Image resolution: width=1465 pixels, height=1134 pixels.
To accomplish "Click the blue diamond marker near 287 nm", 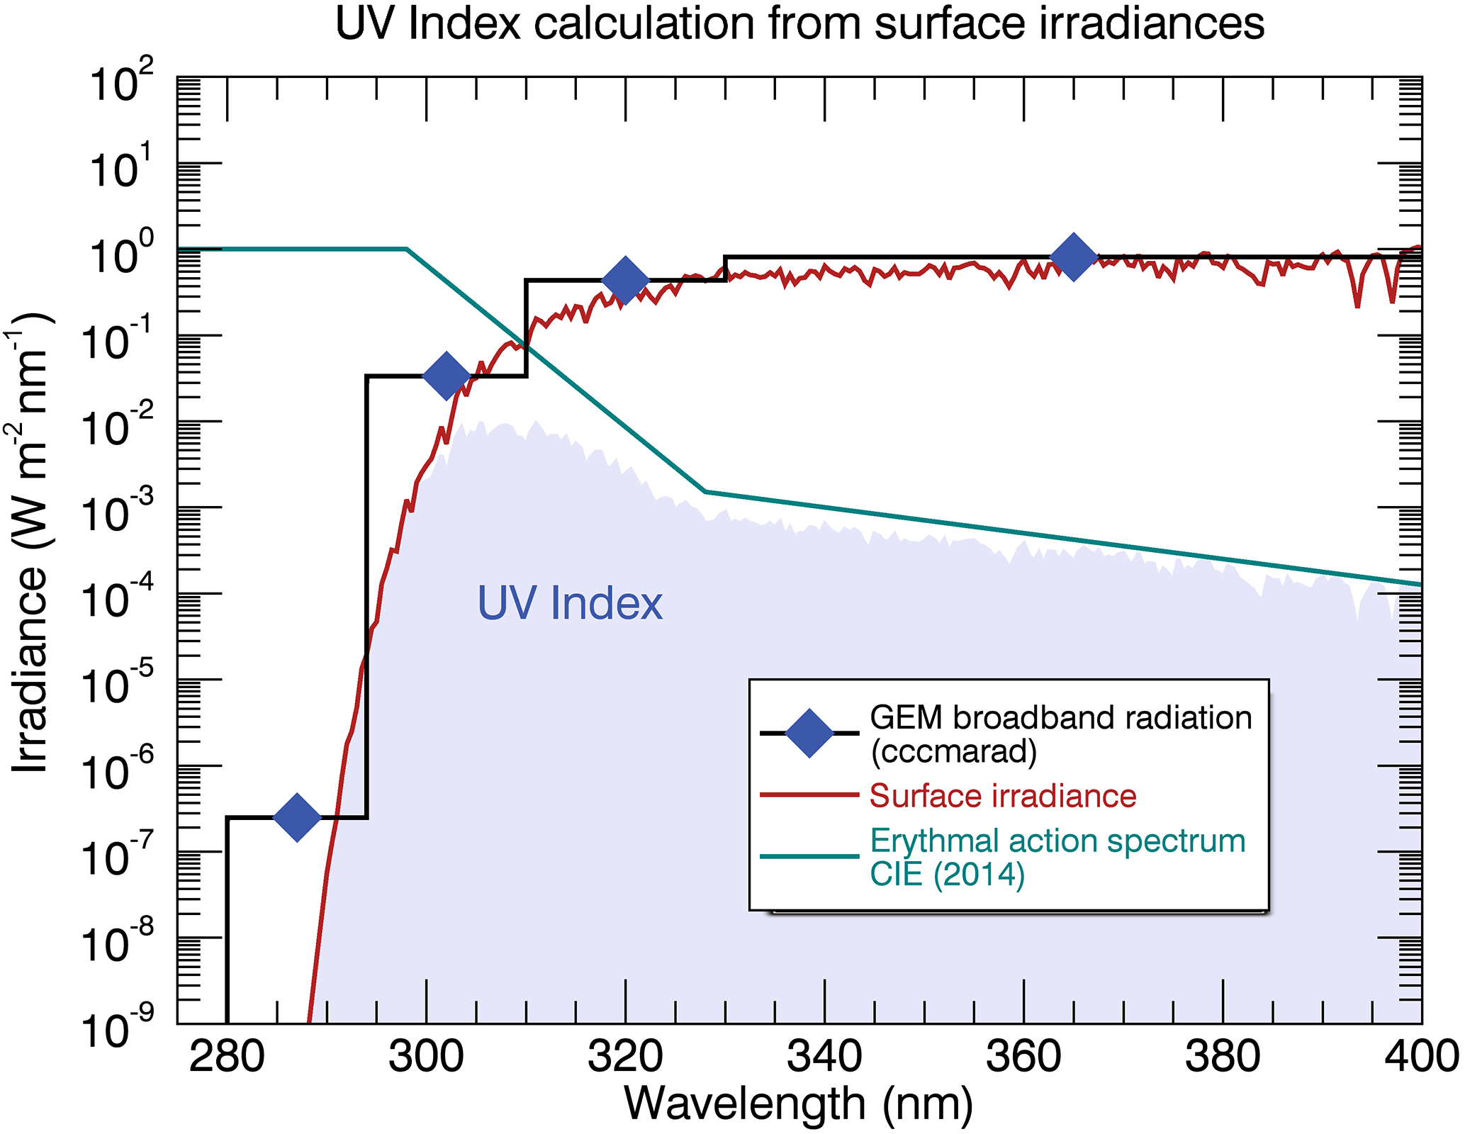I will tap(297, 817).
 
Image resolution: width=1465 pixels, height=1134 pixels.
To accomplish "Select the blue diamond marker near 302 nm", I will tap(446, 375).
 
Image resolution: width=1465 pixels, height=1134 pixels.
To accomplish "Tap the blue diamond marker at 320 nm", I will tap(625, 280).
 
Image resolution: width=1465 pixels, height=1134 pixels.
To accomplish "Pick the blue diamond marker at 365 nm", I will tap(1074, 256).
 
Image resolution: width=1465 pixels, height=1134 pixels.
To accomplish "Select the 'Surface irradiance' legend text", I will tap(1003, 796).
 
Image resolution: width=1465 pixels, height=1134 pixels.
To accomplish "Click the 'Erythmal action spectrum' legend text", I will tap(1057, 841).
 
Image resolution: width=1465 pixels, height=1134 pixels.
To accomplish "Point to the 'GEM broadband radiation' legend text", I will tap(1061, 718).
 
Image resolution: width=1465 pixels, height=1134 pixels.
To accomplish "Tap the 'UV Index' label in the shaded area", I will tap(570, 604).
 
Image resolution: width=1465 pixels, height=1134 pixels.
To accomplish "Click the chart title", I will tap(799, 24).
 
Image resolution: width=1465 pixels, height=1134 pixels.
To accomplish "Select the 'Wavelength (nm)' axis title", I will tap(799, 1104).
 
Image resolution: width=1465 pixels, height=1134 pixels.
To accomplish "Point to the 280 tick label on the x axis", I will tap(227, 1057).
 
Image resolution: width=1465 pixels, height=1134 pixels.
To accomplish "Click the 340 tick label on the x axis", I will tap(824, 1057).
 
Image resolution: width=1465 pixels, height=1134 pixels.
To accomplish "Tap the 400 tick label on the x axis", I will tap(1421, 1057).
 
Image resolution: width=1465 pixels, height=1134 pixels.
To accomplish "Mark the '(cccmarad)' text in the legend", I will tap(953, 751).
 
